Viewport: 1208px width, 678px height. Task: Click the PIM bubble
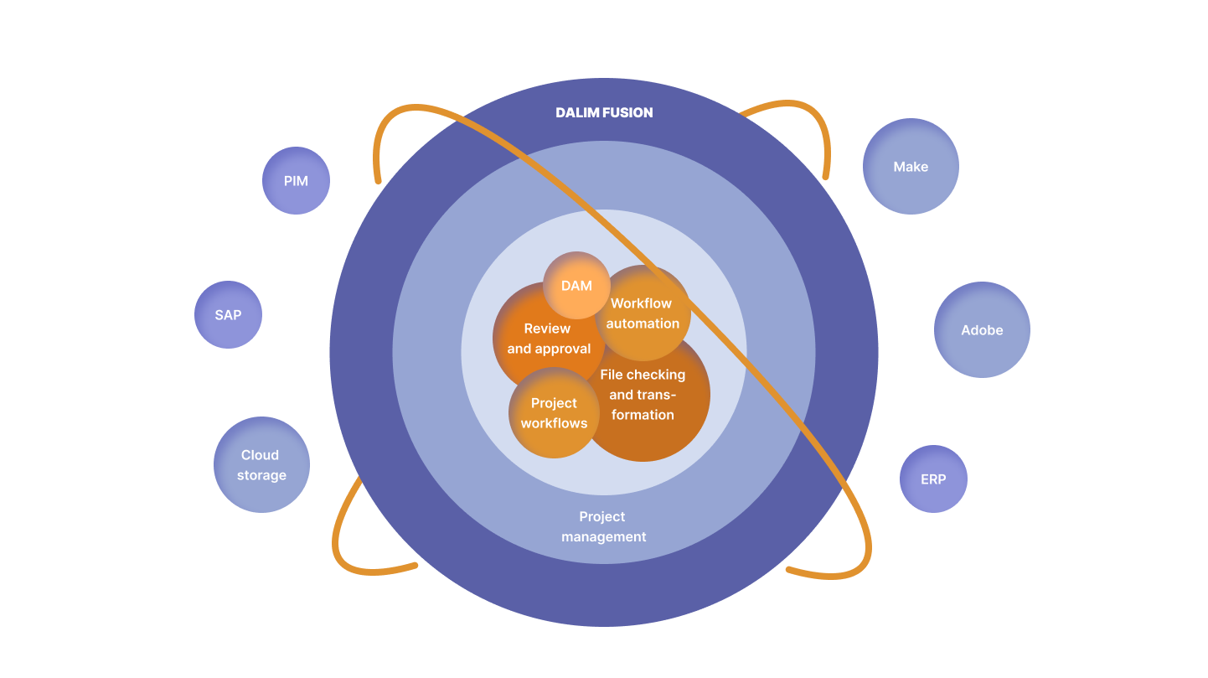pyautogui.click(x=296, y=180)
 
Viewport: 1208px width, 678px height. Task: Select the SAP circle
pyautogui.click(x=228, y=314)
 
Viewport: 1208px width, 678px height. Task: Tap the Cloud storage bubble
pyautogui.click(x=261, y=464)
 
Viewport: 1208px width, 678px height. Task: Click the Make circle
pyautogui.click(x=911, y=166)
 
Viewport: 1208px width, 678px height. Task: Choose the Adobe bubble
pyautogui.click(x=982, y=329)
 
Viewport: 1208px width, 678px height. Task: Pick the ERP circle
pyautogui.click(x=933, y=479)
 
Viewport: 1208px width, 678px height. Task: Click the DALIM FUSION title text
pyautogui.click(x=604, y=112)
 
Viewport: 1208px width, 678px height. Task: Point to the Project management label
pyautogui.click(x=603, y=526)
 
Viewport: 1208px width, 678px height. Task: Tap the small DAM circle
pyautogui.click(x=576, y=285)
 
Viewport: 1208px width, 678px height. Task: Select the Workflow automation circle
pyautogui.click(x=643, y=313)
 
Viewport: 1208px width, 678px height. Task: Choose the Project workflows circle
pyautogui.click(x=554, y=413)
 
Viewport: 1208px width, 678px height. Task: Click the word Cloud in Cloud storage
pyautogui.click(x=260, y=455)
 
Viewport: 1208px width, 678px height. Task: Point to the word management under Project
pyautogui.click(x=603, y=536)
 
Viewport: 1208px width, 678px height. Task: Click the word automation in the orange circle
pyautogui.click(x=643, y=323)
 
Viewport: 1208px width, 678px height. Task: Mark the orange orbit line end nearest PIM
pyautogui.click(x=379, y=179)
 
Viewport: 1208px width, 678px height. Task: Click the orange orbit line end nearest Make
pyautogui.click(x=826, y=176)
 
